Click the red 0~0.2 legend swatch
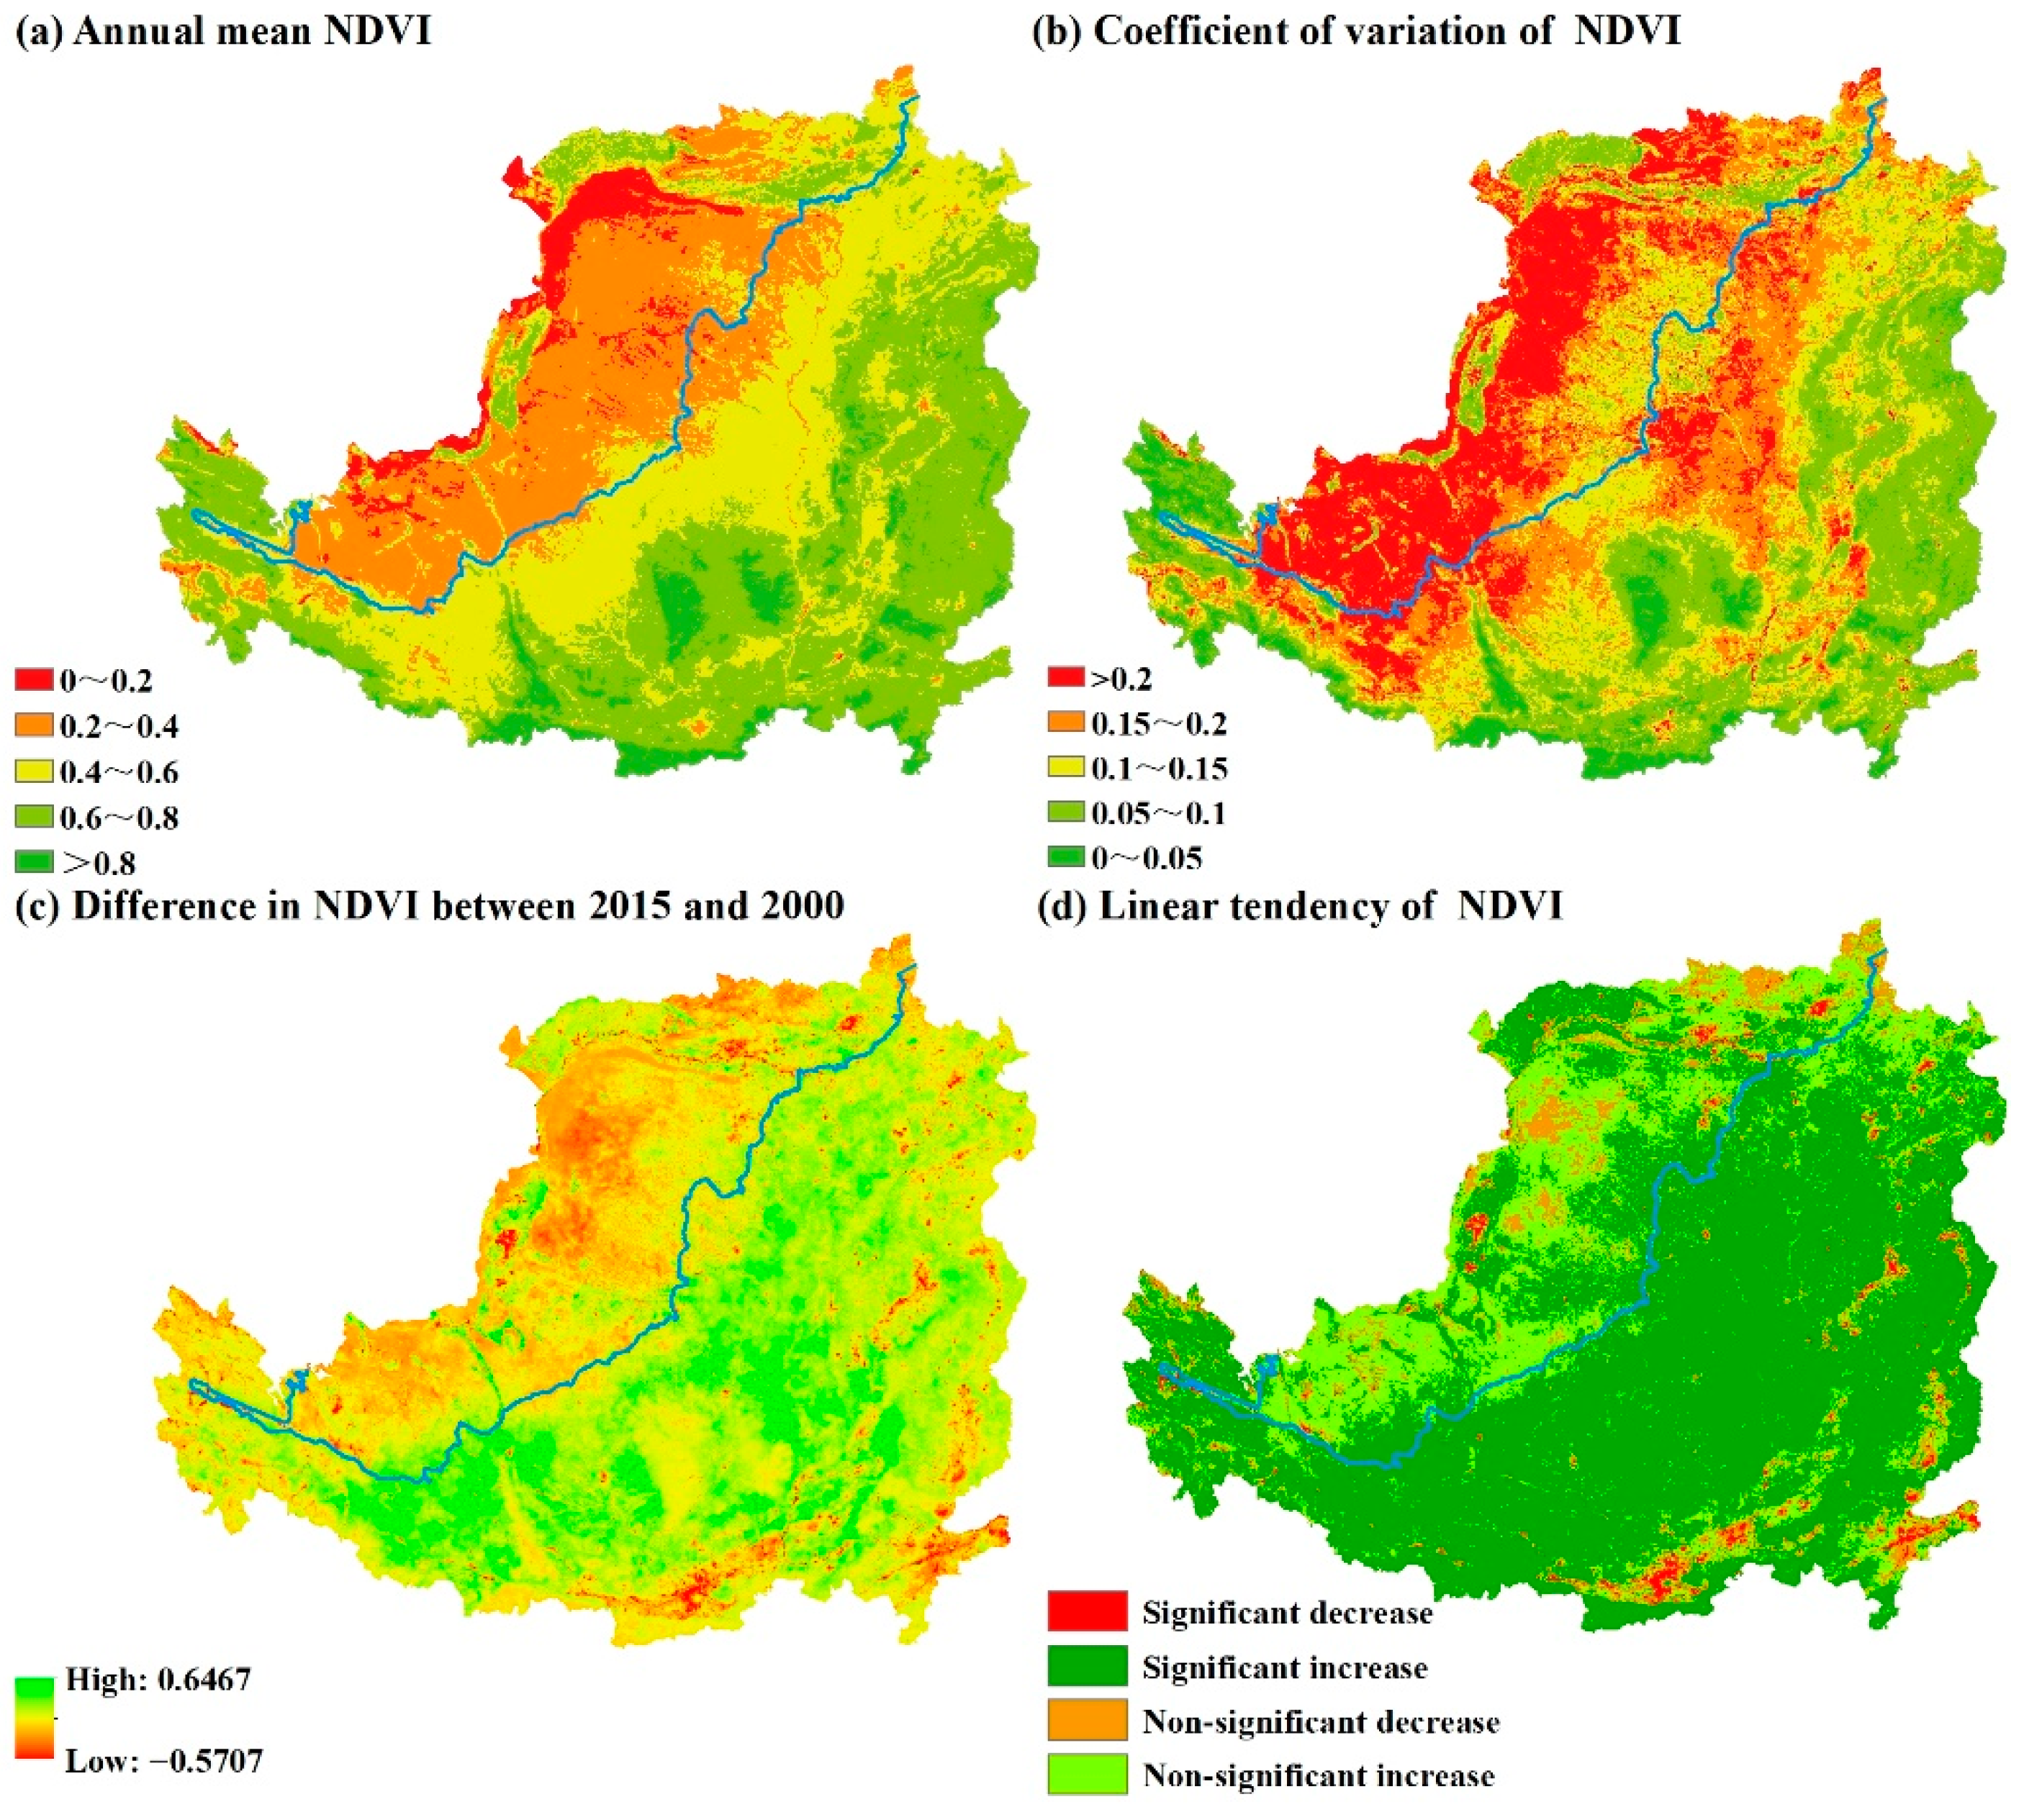click(34, 681)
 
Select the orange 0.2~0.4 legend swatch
click(34, 726)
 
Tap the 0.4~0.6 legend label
click(119, 771)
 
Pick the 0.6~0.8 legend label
click(119, 817)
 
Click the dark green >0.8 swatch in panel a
click(34, 862)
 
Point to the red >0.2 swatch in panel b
click(1065, 678)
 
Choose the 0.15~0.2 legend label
click(1159, 724)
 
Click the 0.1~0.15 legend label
click(1159, 769)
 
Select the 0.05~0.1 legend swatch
click(1065, 813)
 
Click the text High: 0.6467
click(158, 1680)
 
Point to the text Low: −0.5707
click(164, 1762)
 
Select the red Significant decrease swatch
click(1087, 1612)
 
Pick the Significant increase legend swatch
click(1087, 1667)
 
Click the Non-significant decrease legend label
click(1320, 1722)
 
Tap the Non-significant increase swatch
click(1087, 1776)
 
